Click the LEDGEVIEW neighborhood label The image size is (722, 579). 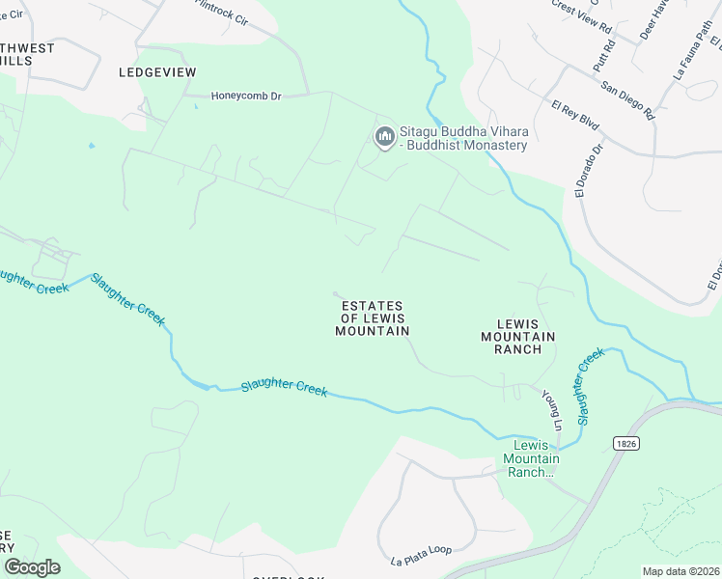tap(157, 72)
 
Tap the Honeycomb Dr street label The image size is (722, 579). tap(246, 96)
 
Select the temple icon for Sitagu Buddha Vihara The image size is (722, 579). tap(384, 138)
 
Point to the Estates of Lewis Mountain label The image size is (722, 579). tap(372, 318)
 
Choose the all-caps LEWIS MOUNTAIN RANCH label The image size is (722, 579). tap(518, 336)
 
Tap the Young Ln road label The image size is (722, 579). tap(551, 410)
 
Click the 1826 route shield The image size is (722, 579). tap(625, 441)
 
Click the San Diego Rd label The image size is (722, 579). tap(627, 99)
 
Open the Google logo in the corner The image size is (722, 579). tap(32, 566)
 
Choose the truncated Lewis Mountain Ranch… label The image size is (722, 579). tap(531, 458)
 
